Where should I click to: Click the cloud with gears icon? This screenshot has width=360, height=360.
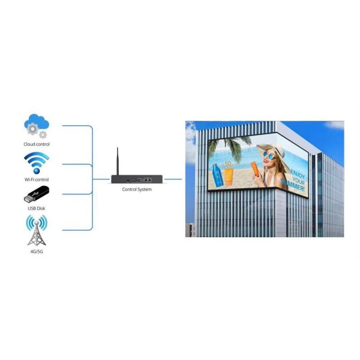(x=37, y=126)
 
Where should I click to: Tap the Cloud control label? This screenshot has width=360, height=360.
(x=37, y=144)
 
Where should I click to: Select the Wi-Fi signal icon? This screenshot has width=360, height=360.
(x=37, y=163)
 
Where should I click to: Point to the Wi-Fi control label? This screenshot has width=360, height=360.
(x=37, y=179)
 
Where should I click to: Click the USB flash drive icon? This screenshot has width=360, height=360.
(x=37, y=194)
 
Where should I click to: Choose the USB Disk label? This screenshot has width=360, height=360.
(x=37, y=208)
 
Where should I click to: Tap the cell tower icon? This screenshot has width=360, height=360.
(x=37, y=230)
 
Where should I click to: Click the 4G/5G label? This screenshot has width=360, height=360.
(x=37, y=251)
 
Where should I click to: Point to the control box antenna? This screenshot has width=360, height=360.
(x=118, y=161)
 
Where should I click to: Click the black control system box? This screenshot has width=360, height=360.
(x=137, y=179)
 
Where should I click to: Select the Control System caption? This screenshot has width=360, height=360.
(x=137, y=190)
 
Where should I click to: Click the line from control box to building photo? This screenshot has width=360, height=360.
(x=173, y=179)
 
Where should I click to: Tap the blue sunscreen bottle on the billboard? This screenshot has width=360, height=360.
(x=217, y=175)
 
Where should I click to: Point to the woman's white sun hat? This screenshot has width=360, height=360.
(x=273, y=152)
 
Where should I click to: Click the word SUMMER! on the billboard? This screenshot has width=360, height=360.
(x=293, y=185)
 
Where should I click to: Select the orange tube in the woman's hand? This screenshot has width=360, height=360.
(x=255, y=169)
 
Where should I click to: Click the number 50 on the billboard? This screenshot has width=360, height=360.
(x=227, y=164)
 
